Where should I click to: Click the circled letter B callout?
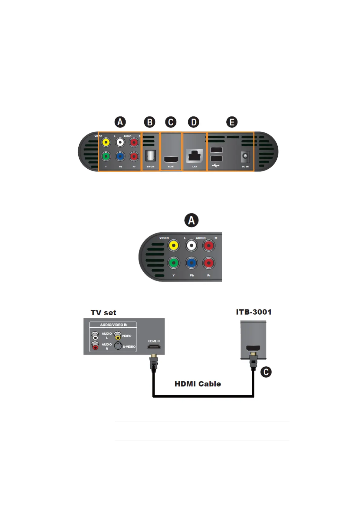pyautogui.click(x=149, y=122)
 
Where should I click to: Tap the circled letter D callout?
pyautogui.click(x=194, y=122)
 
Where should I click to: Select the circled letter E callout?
pyautogui.click(x=232, y=122)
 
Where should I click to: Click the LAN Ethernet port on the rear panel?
pyautogui.click(x=195, y=156)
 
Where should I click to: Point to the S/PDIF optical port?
pyautogui.click(x=150, y=156)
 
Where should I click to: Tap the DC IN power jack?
pyautogui.click(x=245, y=157)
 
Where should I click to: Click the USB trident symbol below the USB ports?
pyautogui.click(x=215, y=166)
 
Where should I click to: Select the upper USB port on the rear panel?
pyautogui.click(x=216, y=150)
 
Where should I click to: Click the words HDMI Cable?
pyautogui.click(x=198, y=384)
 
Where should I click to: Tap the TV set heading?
pyautogui.click(x=103, y=313)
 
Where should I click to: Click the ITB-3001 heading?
pyautogui.click(x=254, y=312)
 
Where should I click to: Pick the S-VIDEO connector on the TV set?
pyautogui.click(x=118, y=346)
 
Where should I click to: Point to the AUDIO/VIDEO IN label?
pyautogui.click(x=114, y=325)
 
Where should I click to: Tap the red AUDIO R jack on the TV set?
pyautogui.click(x=95, y=346)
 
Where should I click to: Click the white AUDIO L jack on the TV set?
pyautogui.click(x=95, y=336)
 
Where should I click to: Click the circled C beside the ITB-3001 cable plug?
pyautogui.click(x=266, y=372)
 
